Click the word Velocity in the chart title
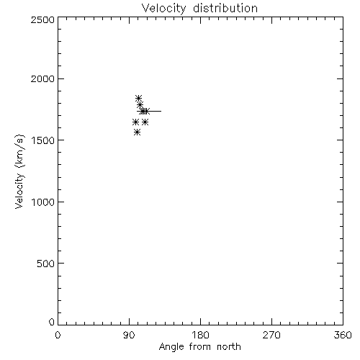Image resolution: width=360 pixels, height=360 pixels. click(x=163, y=9)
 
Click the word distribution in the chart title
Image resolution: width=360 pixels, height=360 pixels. click(x=225, y=8)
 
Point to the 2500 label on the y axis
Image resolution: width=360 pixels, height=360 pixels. click(x=42, y=19)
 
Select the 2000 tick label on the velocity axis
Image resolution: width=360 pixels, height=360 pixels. click(x=42, y=79)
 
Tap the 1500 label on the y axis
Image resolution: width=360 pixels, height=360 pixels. click(x=43, y=140)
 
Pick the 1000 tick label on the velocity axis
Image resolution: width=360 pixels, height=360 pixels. click(x=43, y=202)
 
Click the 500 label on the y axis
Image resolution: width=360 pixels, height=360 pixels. click(x=46, y=264)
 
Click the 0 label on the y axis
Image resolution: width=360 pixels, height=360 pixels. click(x=52, y=322)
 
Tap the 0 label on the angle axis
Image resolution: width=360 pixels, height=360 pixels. click(x=58, y=335)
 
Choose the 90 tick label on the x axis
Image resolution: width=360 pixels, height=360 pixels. click(x=129, y=335)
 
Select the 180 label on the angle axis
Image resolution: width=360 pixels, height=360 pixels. click(x=200, y=335)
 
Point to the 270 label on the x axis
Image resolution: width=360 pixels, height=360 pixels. click(x=271, y=335)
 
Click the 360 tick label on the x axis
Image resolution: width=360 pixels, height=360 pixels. click(x=343, y=335)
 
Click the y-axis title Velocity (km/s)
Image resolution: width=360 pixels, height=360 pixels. click(x=19, y=171)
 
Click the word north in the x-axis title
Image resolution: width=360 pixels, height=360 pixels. click(x=229, y=347)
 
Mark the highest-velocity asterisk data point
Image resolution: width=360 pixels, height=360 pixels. click(x=138, y=99)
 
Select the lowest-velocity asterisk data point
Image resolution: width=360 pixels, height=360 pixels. click(x=137, y=132)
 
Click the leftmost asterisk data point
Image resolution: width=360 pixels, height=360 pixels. click(x=135, y=122)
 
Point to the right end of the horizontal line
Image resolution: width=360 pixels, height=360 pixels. click(x=161, y=111)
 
